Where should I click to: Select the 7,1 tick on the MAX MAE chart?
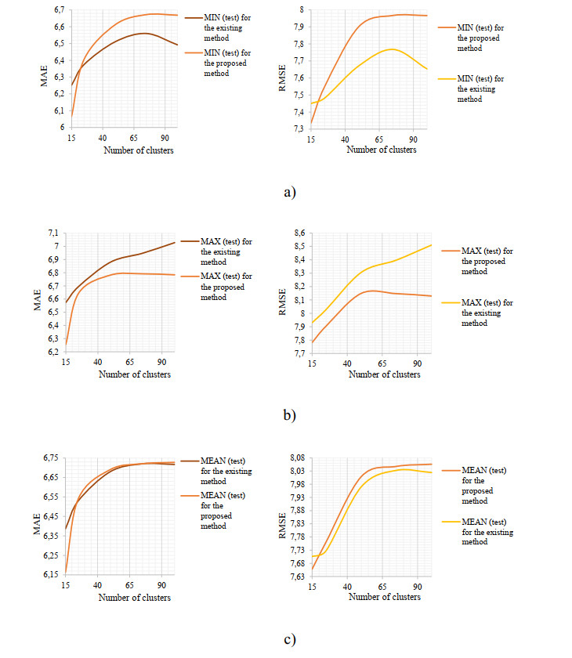[52, 233]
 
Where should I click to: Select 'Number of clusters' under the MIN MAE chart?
[139, 150]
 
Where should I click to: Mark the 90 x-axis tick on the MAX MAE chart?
[161, 363]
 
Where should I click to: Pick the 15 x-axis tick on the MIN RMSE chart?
[310, 139]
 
